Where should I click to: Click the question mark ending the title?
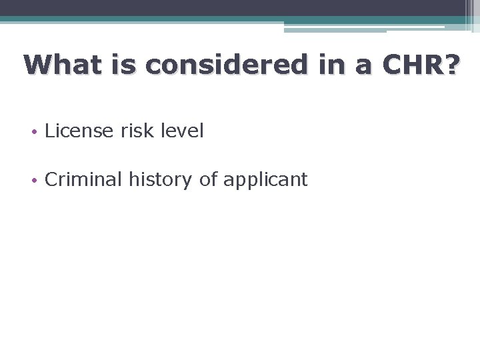pyautogui.click(x=451, y=65)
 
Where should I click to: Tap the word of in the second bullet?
pyautogui.click(x=208, y=179)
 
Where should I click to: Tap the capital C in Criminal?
pyautogui.click(x=51, y=179)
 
